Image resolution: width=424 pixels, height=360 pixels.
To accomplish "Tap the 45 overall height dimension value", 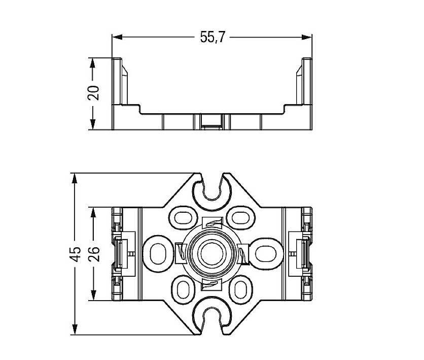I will [x=75, y=254].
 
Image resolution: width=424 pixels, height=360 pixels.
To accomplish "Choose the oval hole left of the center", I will [x=160, y=252].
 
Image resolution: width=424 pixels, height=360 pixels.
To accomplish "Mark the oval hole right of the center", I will [x=262, y=252].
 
